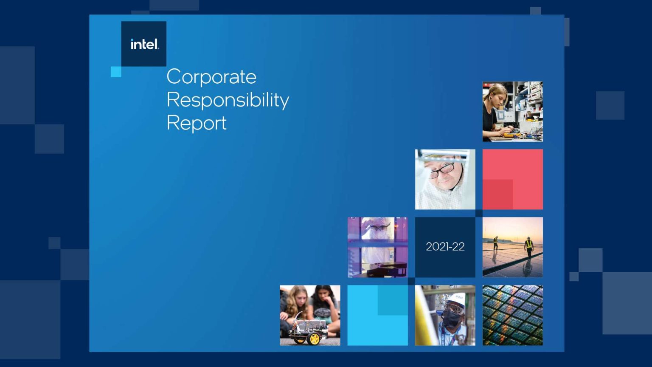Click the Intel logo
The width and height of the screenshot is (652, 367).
coord(145,44)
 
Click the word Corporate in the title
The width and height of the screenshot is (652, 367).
coord(211,77)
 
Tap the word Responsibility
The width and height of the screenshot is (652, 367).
coord(228,100)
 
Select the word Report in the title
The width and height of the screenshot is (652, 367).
coord(197,123)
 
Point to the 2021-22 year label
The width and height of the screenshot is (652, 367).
coord(445,247)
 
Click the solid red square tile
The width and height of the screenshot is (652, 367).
coord(513,179)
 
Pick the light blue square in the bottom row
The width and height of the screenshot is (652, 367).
coord(377,315)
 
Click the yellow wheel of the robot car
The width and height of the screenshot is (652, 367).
coord(314,339)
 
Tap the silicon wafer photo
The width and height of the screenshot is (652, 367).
coord(513,315)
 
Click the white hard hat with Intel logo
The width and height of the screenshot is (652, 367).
coord(456,300)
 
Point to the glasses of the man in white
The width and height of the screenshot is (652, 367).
coord(442,171)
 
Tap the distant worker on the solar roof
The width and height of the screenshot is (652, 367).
coord(495,243)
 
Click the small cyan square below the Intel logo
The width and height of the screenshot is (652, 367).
coord(116,72)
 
